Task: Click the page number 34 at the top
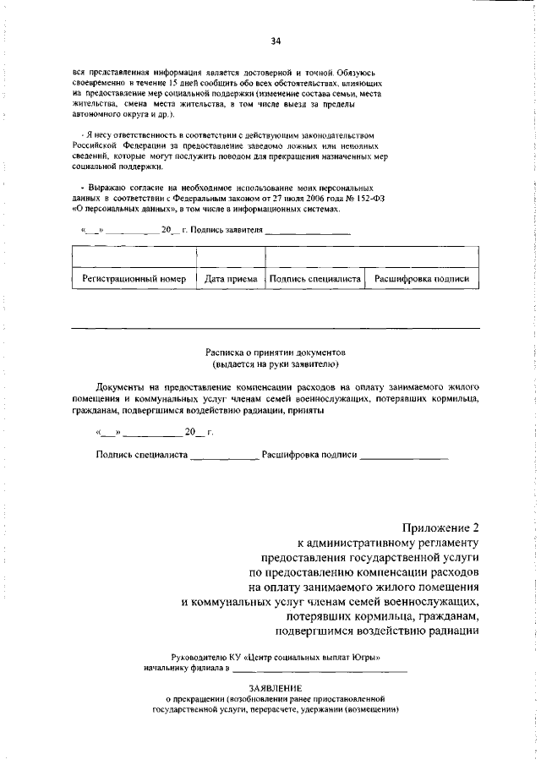(x=275, y=41)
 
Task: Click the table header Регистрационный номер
(x=134, y=278)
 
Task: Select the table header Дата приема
(x=231, y=278)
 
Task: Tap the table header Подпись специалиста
(x=314, y=278)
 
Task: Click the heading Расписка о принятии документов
(x=276, y=351)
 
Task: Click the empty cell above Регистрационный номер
(x=134, y=255)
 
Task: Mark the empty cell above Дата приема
(x=231, y=255)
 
